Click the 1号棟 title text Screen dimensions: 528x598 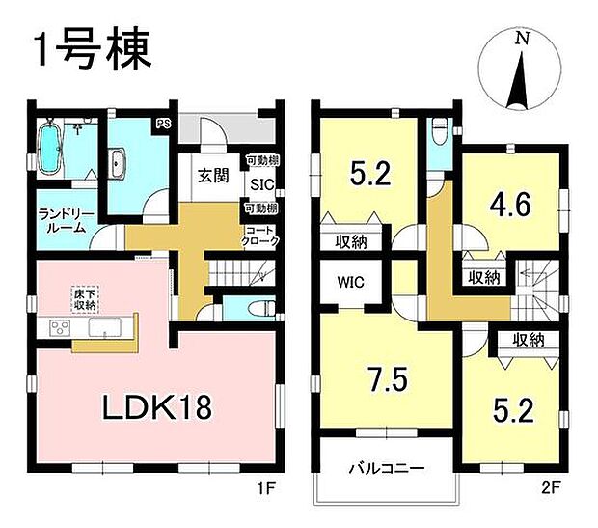click(94, 51)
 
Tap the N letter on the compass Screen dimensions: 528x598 click(522, 39)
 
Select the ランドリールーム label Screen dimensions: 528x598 click(63, 220)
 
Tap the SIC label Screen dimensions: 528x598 click(260, 184)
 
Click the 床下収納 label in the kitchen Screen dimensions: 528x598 click(84, 298)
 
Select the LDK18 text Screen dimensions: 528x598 click(156, 406)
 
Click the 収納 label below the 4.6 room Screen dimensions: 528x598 click(484, 278)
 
